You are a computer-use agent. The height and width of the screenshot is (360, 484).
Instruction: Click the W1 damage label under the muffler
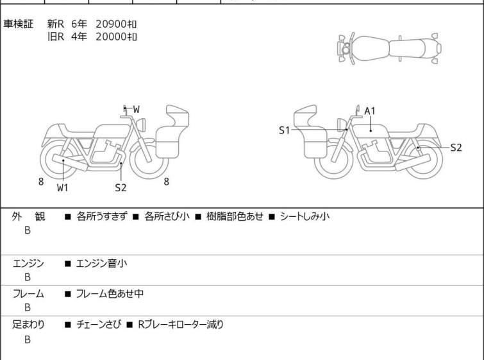point(62,187)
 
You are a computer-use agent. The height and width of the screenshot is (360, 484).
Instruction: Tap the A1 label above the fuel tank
point(370,111)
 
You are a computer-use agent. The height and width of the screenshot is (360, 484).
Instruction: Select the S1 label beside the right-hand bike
point(284,130)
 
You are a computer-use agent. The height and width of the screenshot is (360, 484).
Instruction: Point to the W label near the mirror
point(136,109)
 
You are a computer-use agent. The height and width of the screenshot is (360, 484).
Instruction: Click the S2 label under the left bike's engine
point(121,187)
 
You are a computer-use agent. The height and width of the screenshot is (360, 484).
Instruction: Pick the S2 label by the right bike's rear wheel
point(456,148)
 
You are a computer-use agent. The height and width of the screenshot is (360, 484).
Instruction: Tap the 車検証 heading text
point(18,24)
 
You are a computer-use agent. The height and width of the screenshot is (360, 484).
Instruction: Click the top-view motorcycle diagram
point(389,49)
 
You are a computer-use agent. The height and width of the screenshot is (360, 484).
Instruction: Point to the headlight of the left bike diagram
point(141,124)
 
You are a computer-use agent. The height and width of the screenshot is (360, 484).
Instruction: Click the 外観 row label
point(28,216)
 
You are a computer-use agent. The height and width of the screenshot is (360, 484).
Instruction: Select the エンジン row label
point(28,264)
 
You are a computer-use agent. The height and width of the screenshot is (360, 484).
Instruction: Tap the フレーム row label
point(28,293)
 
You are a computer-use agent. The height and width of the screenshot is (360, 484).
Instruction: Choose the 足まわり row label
point(28,325)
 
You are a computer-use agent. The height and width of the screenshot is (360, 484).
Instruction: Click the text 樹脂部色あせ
point(235,216)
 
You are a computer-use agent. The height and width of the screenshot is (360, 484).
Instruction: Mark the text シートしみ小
point(305,216)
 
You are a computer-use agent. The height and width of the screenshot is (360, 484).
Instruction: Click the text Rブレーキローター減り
point(181,325)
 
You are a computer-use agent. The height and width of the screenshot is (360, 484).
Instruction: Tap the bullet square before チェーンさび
point(67,325)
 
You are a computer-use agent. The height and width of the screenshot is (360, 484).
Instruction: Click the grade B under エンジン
point(28,277)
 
